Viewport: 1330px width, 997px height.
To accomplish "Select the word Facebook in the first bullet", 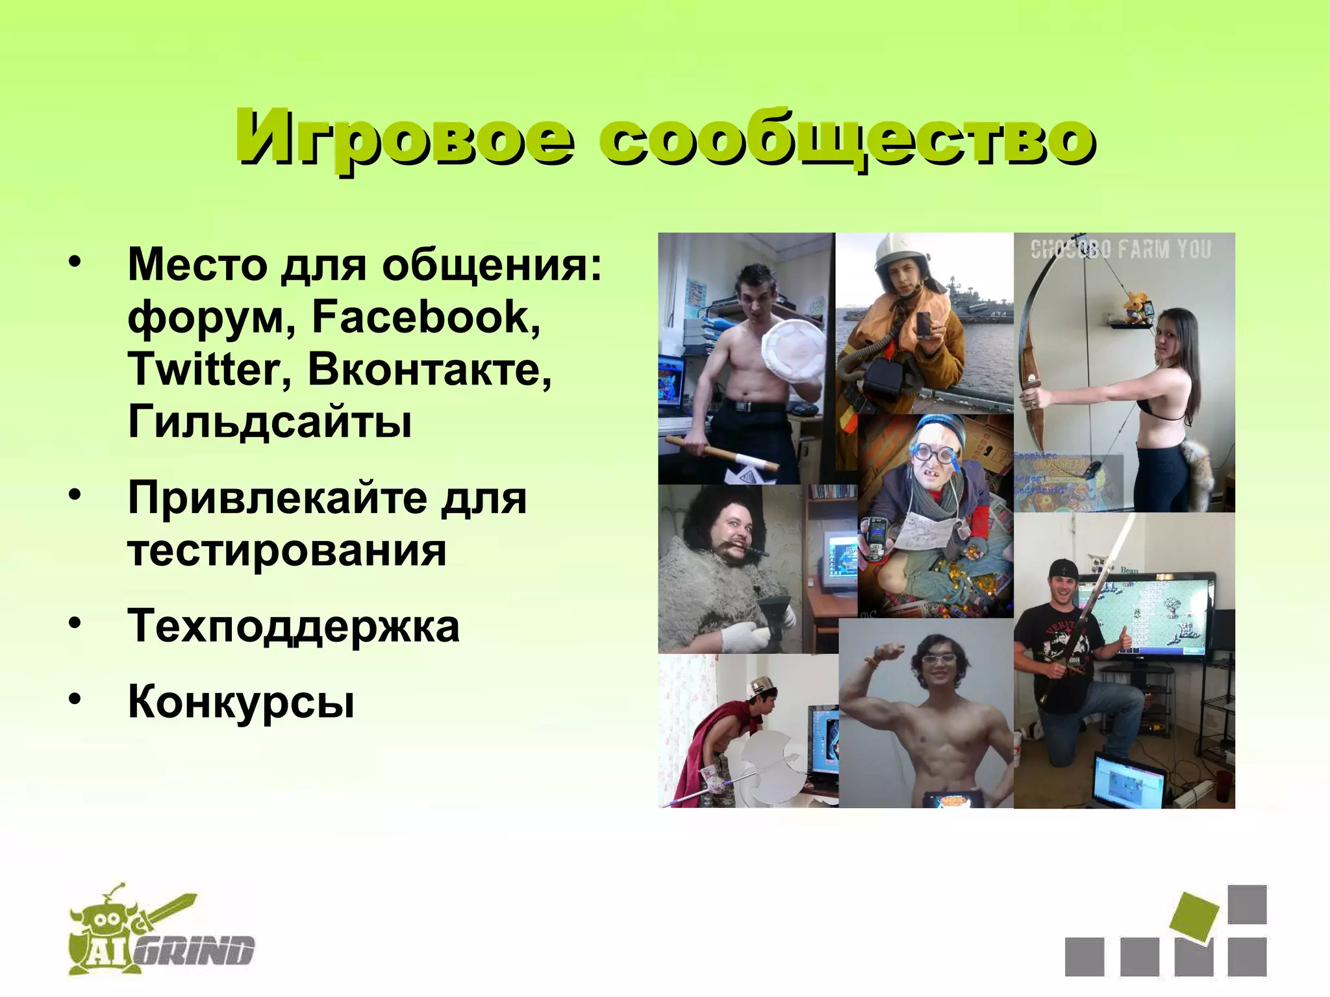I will pyautogui.click(x=426, y=318).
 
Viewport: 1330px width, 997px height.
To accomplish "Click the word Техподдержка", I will pyautogui.click(x=294, y=627).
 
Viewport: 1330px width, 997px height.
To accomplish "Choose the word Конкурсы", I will pyautogui.click(x=242, y=702).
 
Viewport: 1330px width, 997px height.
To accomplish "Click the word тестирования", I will pyautogui.click(x=287, y=551).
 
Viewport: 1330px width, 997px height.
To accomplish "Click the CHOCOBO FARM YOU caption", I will pyautogui.click(x=1121, y=249).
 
